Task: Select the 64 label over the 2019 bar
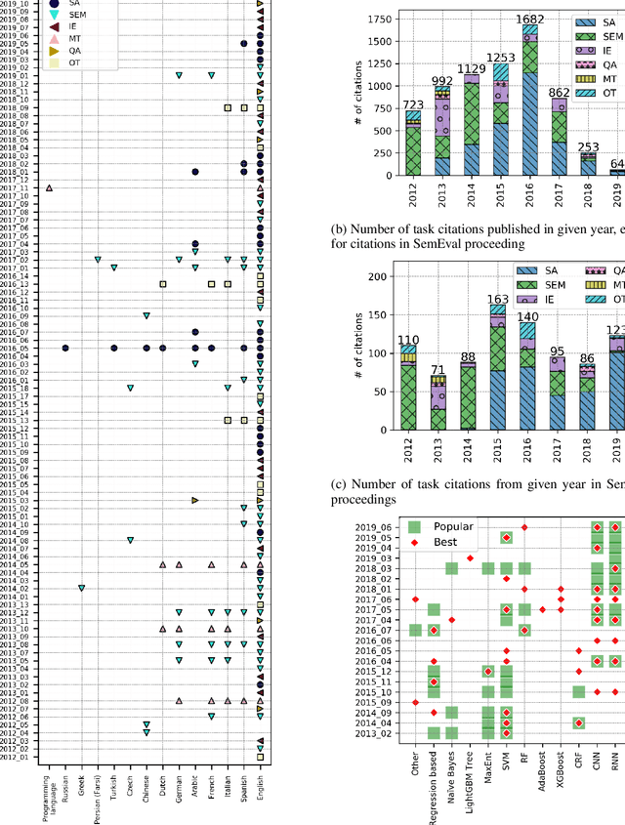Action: (615, 164)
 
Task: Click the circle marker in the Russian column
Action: (65, 348)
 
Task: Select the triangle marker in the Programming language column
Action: (49, 187)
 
